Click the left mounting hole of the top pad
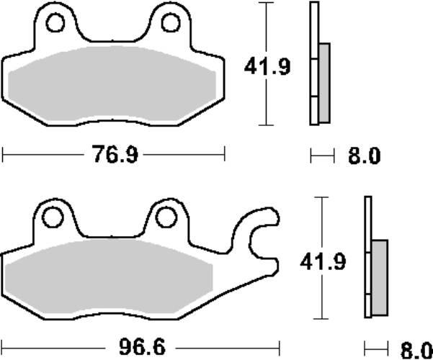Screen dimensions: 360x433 55,23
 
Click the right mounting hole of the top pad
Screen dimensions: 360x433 170,23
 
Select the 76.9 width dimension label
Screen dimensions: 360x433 114,154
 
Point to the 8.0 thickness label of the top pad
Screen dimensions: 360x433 364,156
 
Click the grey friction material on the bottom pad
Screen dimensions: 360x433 108,281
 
